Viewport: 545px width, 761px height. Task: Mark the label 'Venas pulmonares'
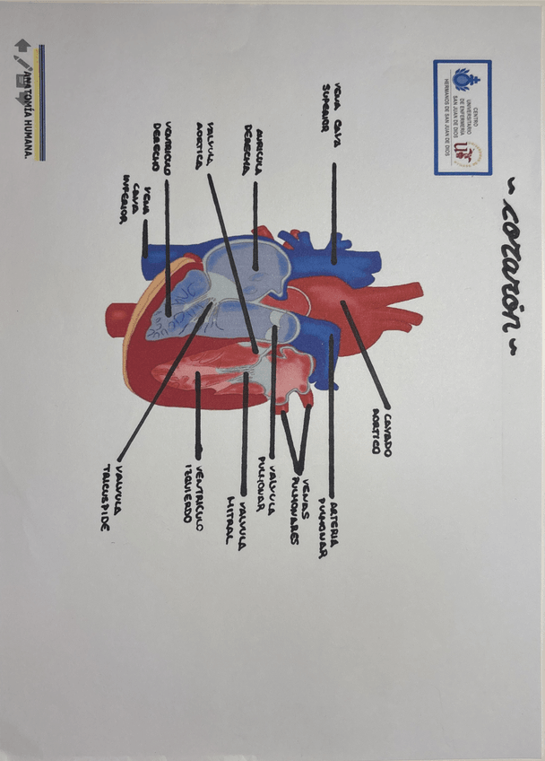[299, 512]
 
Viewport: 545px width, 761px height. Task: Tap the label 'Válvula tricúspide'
[111, 497]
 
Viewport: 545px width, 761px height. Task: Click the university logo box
[463, 117]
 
